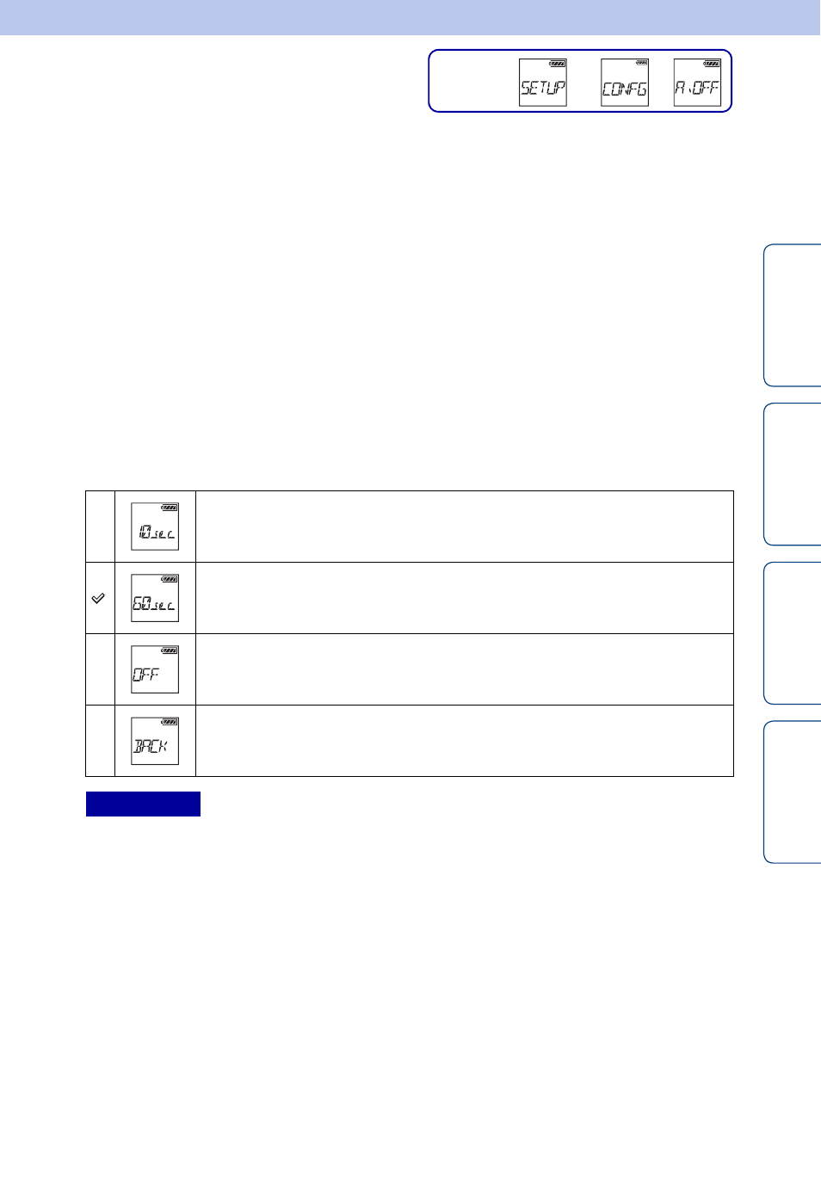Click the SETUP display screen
click(542, 83)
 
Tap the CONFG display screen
click(625, 83)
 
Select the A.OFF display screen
click(697, 83)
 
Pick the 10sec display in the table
click(155, 527)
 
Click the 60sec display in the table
click(155, 598)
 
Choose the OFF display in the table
click(155, 669)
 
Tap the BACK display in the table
click(155, 741)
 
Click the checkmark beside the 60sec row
click(98, 598)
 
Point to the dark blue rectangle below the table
click(143, 804)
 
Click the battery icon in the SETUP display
click(558, 64)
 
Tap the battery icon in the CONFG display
click(641, 63)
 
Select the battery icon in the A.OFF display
click(713, 64)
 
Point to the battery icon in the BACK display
click(170, 722)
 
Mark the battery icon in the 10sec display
click(170, 508)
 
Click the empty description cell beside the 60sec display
click(465, 598)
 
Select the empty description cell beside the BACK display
click(465, 741)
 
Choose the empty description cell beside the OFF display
click(465, 669)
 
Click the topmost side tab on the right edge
click(793, 315)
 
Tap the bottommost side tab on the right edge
click(793, 792)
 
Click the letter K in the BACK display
click(163, 746)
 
